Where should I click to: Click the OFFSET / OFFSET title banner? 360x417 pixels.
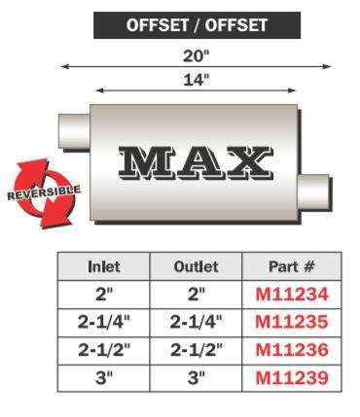pyautogui.click(x=197, y=25)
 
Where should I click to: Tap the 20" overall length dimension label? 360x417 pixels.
pyautogui.click(x=197, y=56)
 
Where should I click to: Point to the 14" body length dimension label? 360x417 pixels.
pyautogui.click(x=197, y=80)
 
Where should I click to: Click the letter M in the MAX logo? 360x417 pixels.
pyautogui.click(x=144, y=162)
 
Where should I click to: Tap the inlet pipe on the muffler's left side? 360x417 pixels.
pyautogui.click(x=74, y=131)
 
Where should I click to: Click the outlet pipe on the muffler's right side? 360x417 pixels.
pyautogui.click(x=314, y=192)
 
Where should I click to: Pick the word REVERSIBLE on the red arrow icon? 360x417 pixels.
pyautogui.click(x=44, y=192)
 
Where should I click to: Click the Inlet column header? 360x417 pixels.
pyautogui.click(x=103, y=266)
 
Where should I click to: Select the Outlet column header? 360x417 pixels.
pyautogui.click(x=196, y=266)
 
